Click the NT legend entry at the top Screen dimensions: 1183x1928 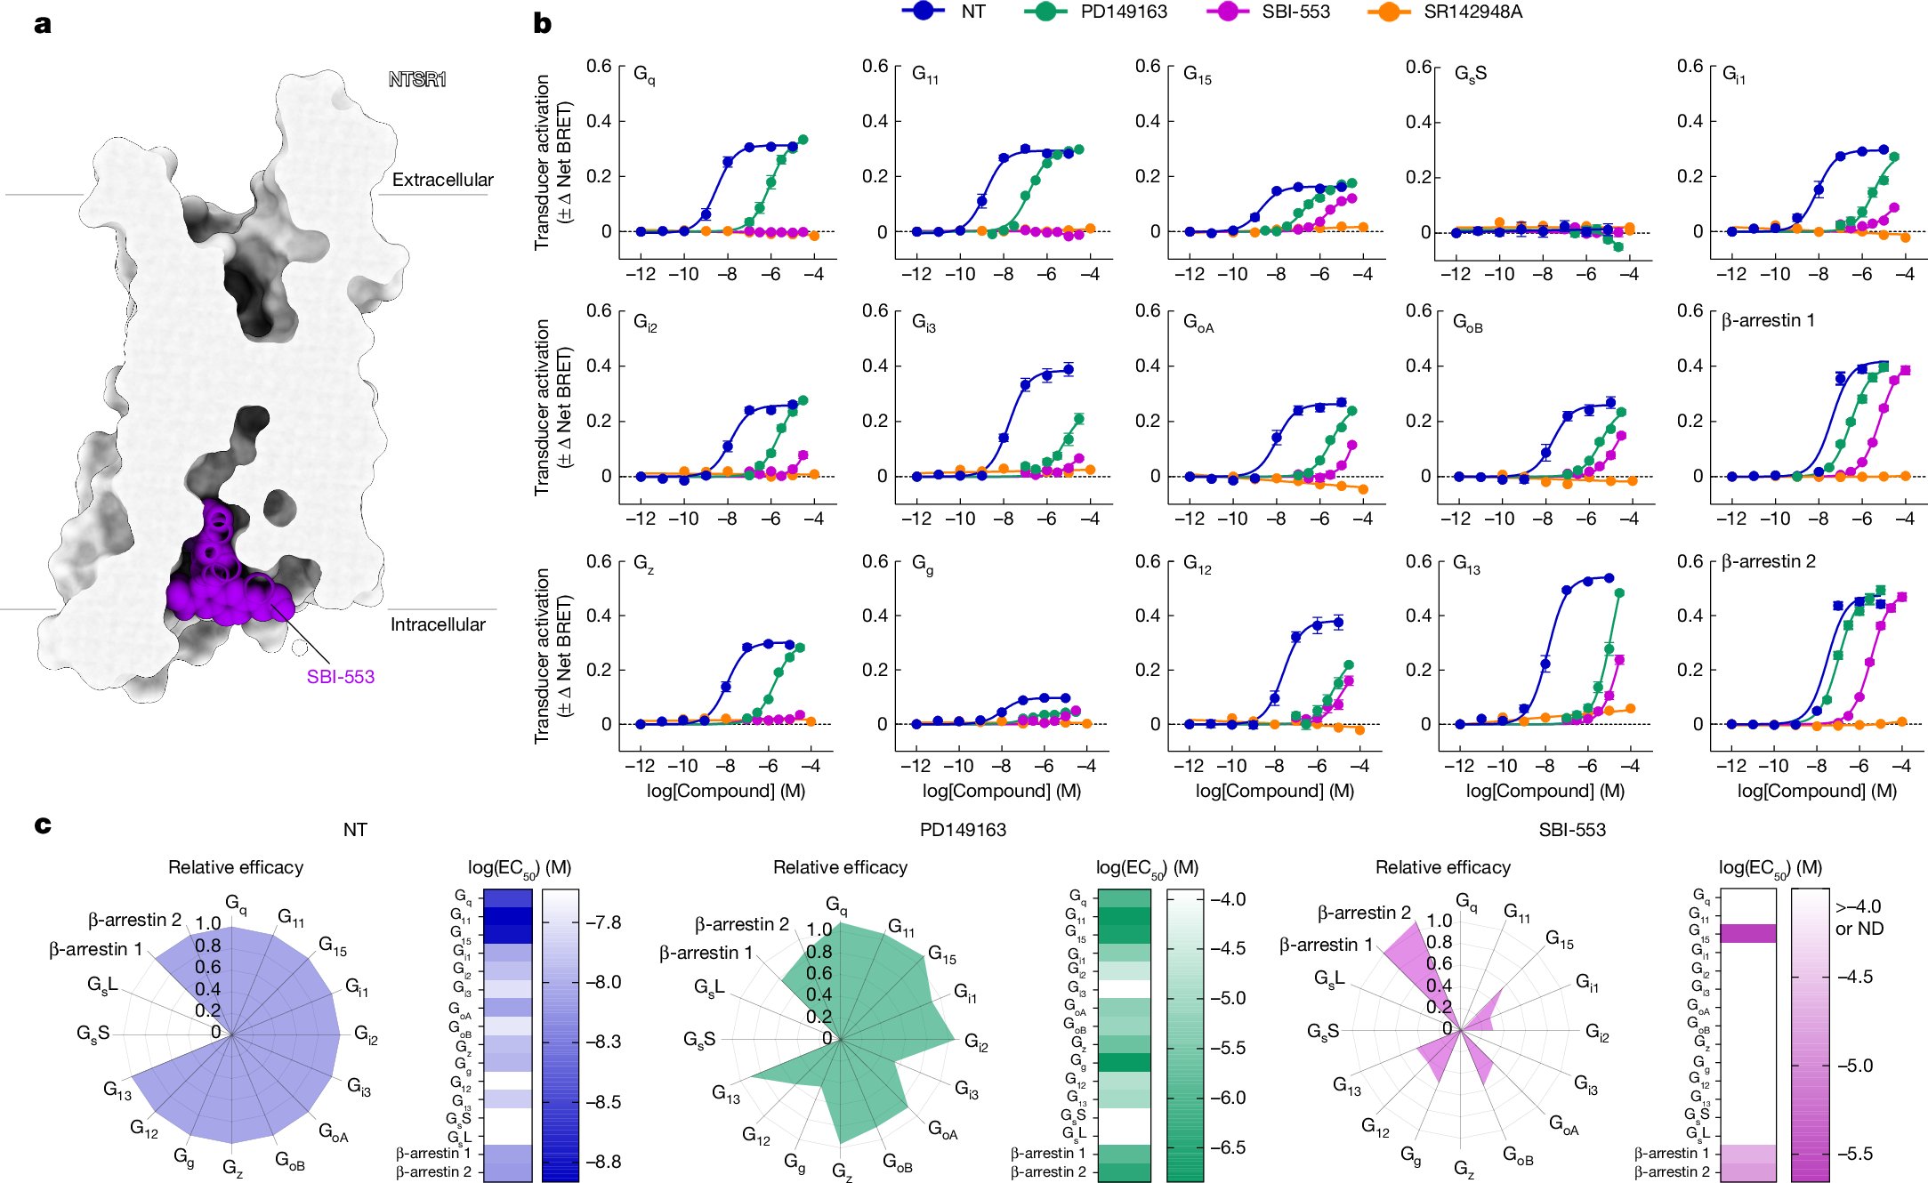[x=972, y=12]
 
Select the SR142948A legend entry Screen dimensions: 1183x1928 [x=1472, y=12]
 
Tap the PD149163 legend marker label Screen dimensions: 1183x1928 [x=1123, y=12]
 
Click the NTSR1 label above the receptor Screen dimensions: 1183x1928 [x=417, y=80]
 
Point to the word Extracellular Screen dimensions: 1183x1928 [x=442, y=180]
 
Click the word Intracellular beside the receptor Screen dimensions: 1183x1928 [x=438, y=624]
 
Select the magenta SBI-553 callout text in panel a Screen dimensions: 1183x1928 [x=340, y=677]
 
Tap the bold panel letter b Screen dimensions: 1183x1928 [x=542, y=24]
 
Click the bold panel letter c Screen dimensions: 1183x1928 [x=42, y=825]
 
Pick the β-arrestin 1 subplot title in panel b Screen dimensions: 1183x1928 [x=1768, y=320]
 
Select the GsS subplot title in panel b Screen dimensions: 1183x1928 [x=1470, y=74]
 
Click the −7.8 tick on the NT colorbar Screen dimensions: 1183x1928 [x=602, y=923]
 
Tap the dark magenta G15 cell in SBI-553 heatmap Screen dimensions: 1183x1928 [x=1747, y=933]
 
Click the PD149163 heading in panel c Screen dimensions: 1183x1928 [x=963, y=830]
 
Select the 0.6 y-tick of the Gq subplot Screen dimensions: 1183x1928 [x=599, y=66]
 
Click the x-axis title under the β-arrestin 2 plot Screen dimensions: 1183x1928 [x=1817, y=791]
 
